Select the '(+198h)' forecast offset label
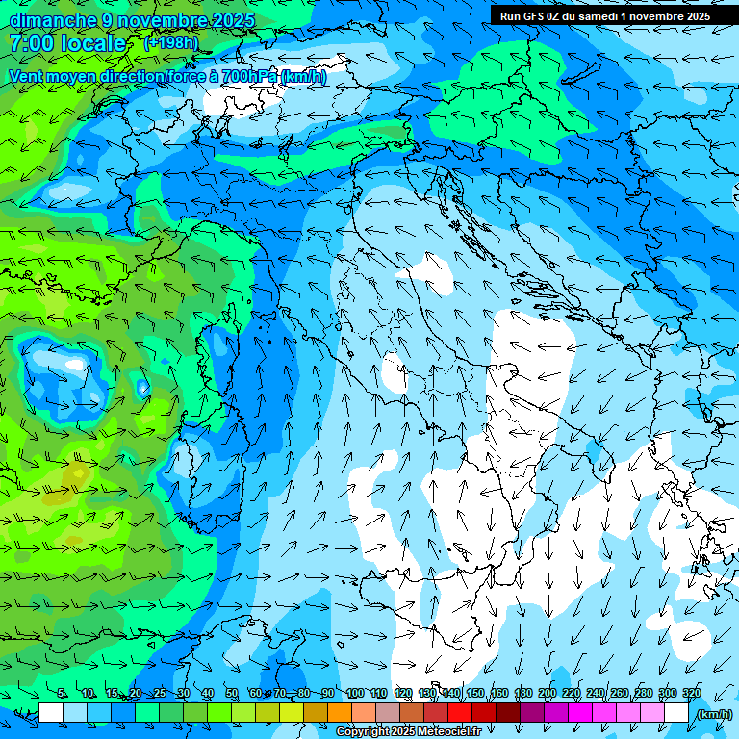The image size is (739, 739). point(170,43)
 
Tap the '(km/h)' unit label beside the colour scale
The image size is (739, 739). point(714,714)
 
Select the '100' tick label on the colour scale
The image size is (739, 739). point(354,693)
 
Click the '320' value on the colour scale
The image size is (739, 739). point(691,693)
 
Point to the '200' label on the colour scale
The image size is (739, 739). point(547,693)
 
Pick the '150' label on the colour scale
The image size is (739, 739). point(475,693)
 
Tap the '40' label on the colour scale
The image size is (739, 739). point(208,693)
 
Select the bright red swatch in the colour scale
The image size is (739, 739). point(460,713)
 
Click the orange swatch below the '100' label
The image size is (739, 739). point(364,713)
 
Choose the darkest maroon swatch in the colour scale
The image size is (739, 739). point(508,713)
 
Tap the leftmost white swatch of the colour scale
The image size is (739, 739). point(51,713)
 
